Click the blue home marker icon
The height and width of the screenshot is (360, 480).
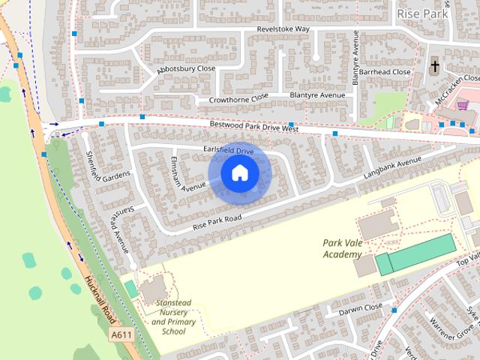(239, 173)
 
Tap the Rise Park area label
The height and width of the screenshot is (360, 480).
(422, 13)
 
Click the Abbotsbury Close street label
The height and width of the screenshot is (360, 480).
(186, 69)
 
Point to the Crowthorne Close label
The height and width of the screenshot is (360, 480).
(238, 98)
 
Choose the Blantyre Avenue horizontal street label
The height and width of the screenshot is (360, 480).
(317, 95)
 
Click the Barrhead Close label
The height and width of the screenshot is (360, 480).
(385, 72)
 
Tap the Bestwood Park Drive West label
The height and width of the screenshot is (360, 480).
(254, 127)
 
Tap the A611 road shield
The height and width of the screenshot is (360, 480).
(121, 334)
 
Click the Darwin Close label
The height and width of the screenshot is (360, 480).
(360, 307)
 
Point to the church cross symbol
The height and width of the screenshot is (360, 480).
(434, 67)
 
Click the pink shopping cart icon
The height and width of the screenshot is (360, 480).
(463, 106)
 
